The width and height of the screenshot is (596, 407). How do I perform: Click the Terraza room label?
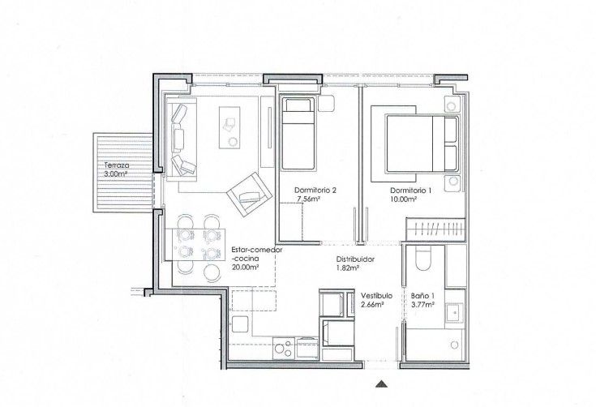click(117, 165)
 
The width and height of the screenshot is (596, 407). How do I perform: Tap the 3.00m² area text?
click(115, 174)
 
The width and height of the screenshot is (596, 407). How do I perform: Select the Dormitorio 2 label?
click(315, 191)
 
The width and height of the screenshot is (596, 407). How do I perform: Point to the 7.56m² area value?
click(308, 199)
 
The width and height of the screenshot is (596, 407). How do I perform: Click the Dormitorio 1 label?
click(410, 191)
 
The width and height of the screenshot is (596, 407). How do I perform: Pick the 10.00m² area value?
click(403, 199)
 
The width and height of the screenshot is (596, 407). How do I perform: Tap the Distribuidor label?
click(355, 259)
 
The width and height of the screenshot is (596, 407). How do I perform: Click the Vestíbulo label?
click(377, 296)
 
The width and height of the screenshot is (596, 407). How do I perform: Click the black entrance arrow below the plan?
click(381, 384)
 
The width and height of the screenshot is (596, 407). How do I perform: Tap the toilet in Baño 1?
click(422, 259)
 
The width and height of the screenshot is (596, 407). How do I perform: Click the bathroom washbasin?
click(454, 314)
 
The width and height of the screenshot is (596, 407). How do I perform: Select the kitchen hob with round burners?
click(284, 348)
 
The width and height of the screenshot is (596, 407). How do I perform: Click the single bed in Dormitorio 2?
click(298, 134)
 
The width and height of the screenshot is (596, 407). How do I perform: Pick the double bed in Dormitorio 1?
click(422, 144)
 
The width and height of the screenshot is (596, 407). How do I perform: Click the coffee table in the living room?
click(229, 127)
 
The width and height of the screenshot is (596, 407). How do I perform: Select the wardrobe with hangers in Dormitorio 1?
click(435, 229)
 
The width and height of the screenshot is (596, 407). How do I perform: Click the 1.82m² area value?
click(348, 268)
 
